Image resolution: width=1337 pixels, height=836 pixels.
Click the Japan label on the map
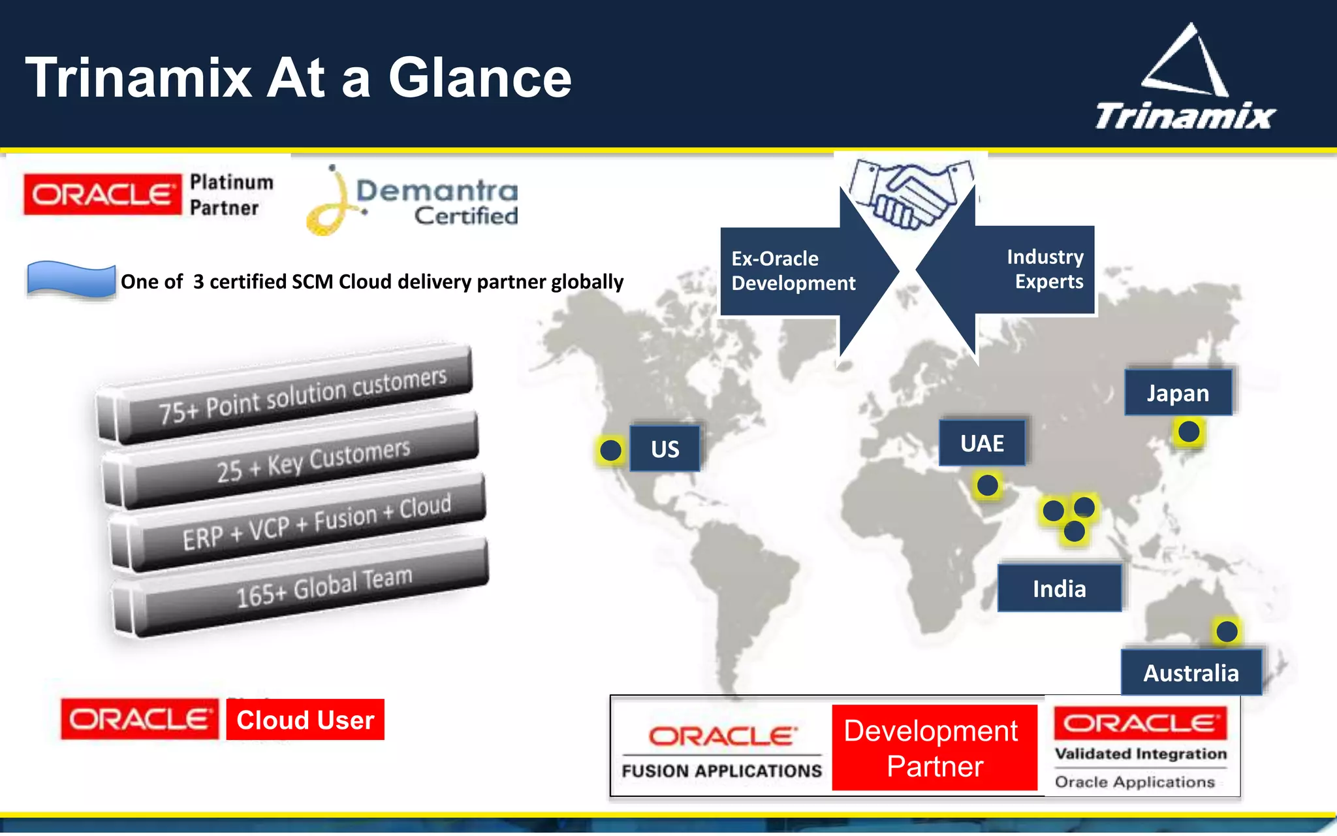coord(1178,393)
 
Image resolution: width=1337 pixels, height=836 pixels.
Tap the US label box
coord(665,449)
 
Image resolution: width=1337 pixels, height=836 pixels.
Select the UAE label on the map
coord(982,443)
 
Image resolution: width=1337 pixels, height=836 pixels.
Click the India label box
coord(1059,588)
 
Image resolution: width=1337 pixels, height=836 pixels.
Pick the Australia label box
coord(1191,672)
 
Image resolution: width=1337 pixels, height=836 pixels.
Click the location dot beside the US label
coord(610,450)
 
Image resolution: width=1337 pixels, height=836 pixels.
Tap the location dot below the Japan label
coord(1189,432)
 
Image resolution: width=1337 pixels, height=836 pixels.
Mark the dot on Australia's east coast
coord(1227,632)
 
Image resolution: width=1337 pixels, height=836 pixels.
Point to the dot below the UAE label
coord(987,485)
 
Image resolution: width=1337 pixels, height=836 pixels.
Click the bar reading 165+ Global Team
coord(300,588)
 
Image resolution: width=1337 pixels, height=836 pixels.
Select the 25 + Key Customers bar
coord(294,460)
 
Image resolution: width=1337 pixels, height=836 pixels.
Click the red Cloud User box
coord(305,720)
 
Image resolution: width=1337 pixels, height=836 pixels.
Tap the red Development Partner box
coord(934,748)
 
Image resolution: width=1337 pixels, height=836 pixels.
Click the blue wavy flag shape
coord(71,280)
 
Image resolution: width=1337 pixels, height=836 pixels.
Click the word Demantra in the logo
coord(437,191)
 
